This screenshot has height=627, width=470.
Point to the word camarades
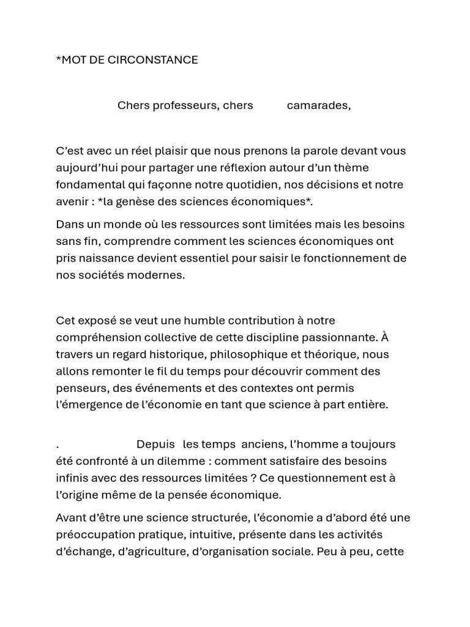tap(318, 105)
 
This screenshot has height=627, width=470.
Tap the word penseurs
tap(79, 388)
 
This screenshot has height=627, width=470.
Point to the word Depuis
tap(155, 444)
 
